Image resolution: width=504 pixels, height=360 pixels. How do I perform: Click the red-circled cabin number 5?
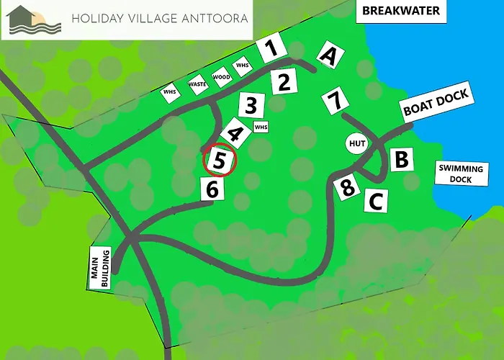click(x=220, y=160)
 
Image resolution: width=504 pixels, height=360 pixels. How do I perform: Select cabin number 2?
click(x=284, y=82)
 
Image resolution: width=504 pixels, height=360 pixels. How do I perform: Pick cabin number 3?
click(x=250, y=107)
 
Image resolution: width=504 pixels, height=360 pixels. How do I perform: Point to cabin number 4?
click(x=234, y=134)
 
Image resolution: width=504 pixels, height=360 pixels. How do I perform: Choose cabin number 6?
click(x=212, y=189)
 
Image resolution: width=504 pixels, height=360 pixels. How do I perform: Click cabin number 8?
click(x=348, y=189)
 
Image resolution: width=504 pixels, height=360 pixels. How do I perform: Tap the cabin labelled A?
click(x=330, y=55)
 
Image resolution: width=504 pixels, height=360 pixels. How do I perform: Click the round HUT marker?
click(x=356, y=144)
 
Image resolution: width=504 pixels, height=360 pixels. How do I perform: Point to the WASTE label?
click(x=197, y=84)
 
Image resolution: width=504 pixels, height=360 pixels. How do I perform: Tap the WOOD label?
click(x=221, y=76)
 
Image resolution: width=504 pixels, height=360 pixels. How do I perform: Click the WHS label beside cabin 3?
click(x=261, y=127)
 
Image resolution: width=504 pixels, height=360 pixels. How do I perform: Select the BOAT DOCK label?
click(x=436, y=103)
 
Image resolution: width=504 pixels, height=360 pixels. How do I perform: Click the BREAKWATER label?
click(x=401, y=11)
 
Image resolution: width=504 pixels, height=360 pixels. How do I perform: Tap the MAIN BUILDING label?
click(x=99, y=269)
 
